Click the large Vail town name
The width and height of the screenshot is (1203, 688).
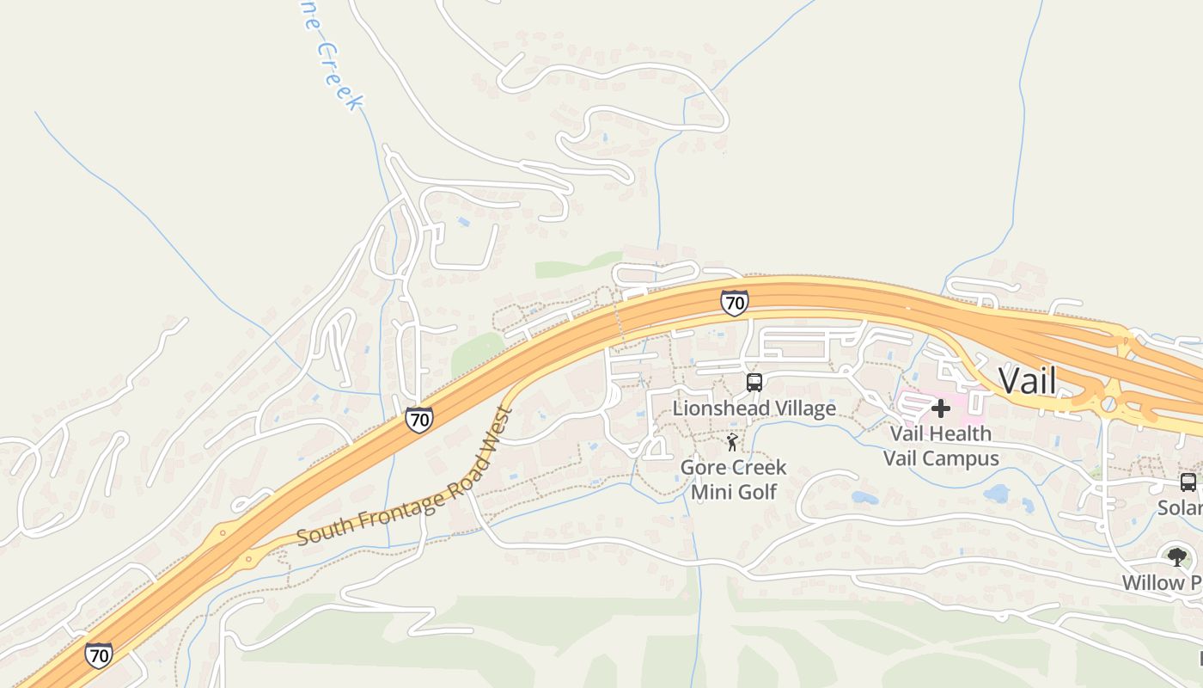[1027, 379]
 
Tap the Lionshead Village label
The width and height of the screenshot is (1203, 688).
[754, 408]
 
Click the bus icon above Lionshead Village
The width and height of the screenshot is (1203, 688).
[754, 382]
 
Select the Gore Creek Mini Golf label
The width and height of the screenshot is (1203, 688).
[733, 479]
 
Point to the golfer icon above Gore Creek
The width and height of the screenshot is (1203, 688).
[731, 442]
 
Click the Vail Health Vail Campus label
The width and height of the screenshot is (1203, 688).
[941, 445]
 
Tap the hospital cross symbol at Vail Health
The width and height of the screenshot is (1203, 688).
[941, 408]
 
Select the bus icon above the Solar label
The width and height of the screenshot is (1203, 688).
[1188, 482]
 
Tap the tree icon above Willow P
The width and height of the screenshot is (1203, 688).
[1176, 557]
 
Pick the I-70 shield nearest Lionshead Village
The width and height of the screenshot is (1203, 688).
[733, 302]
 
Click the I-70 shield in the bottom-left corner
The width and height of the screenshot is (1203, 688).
[99, 654]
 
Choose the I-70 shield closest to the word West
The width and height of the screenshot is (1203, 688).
[418, 420]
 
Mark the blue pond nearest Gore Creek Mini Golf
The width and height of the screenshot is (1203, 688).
[864, 497]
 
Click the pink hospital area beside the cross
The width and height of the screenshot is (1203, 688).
[911, 402]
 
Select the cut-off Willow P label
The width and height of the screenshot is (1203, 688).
[1162, 582]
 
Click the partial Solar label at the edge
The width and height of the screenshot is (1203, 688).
[1180, 507]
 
